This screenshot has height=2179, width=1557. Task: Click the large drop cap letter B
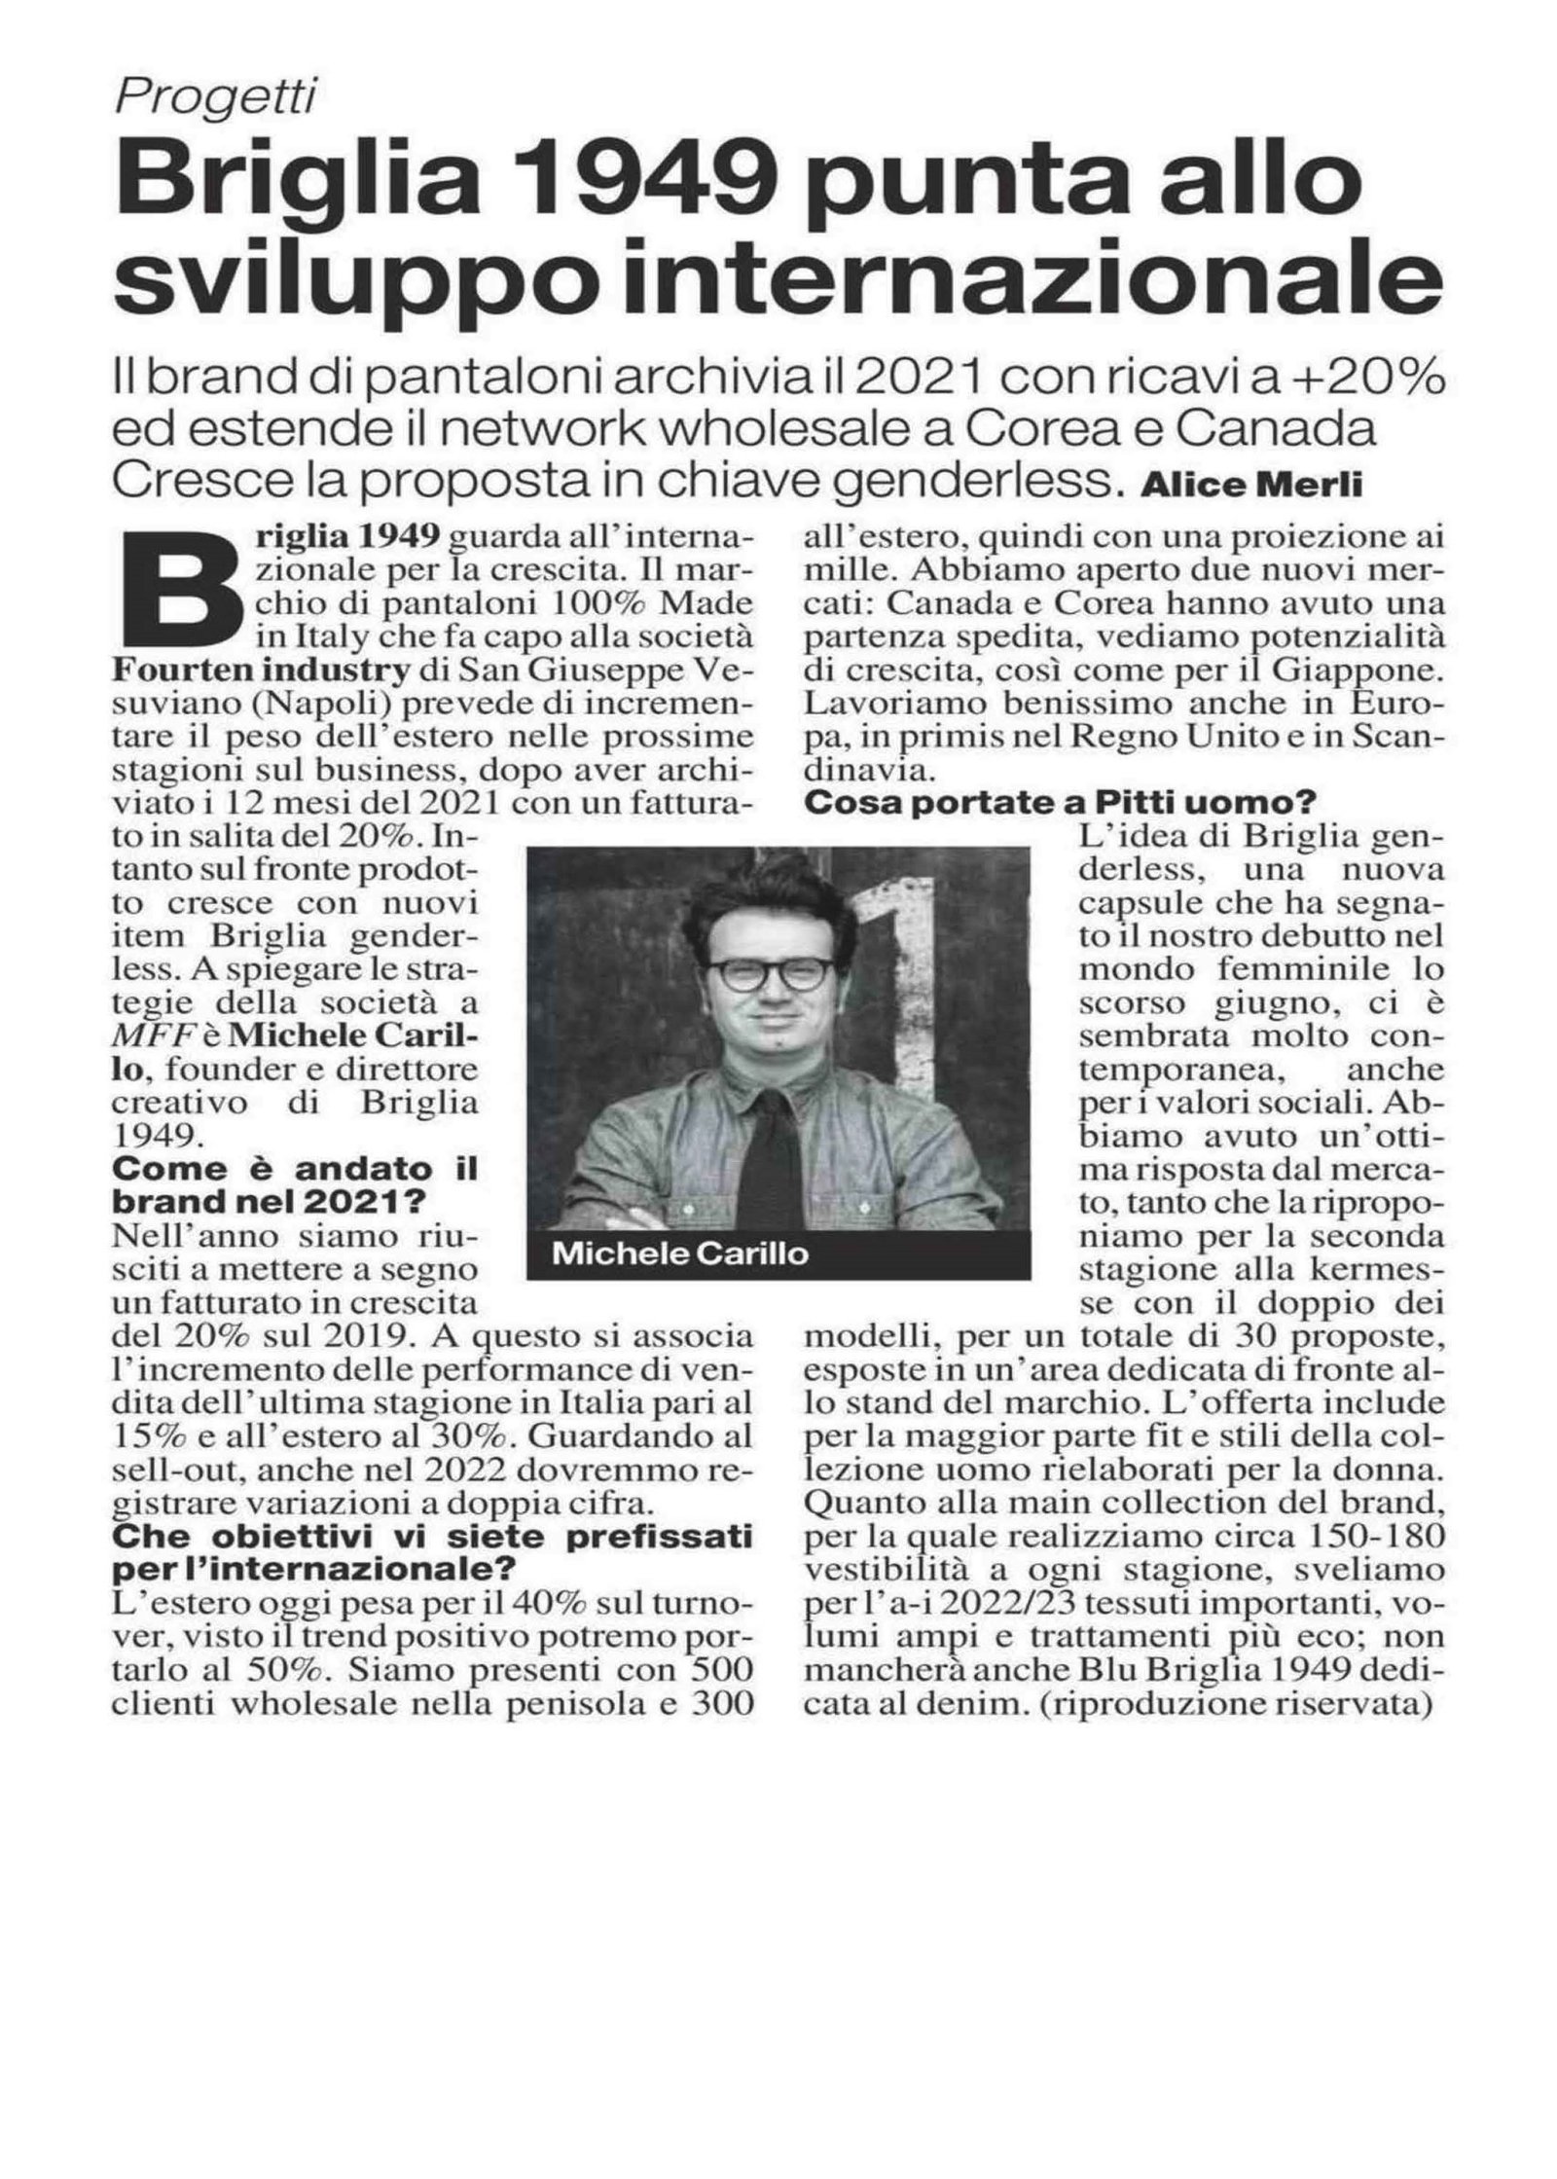point(182,584)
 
